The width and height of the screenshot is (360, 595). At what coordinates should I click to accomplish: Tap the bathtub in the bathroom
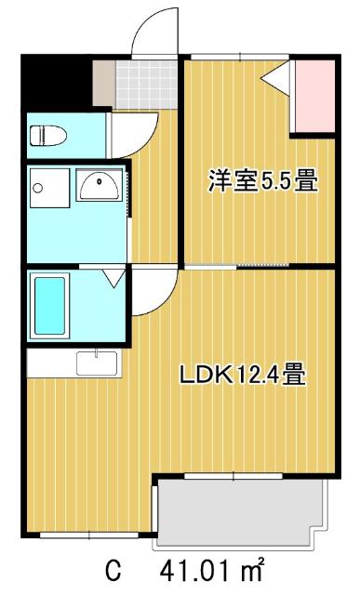click(x=49, y=306)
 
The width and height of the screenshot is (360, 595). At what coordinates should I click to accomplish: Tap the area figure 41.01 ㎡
click(x=214, y=568)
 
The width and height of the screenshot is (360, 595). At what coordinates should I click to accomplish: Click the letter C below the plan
click(x=113, y=569)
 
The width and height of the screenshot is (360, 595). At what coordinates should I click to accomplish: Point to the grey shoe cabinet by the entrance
click(x=103, y=84)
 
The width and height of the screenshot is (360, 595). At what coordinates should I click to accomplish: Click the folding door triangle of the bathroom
click(x=113, y=277)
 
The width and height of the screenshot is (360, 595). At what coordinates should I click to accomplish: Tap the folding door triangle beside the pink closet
click(x=278, y=81)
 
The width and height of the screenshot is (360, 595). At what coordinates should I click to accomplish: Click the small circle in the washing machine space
click(x=38, y=187)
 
